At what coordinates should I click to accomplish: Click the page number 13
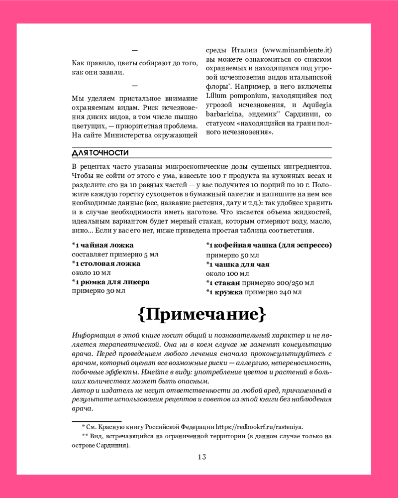point(201,457)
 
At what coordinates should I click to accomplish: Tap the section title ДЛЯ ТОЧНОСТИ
point(100,152)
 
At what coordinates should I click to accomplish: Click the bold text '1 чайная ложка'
point(103,245)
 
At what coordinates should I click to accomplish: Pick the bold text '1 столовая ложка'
point(107,263)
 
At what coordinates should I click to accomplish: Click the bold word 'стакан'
point(228,282)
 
